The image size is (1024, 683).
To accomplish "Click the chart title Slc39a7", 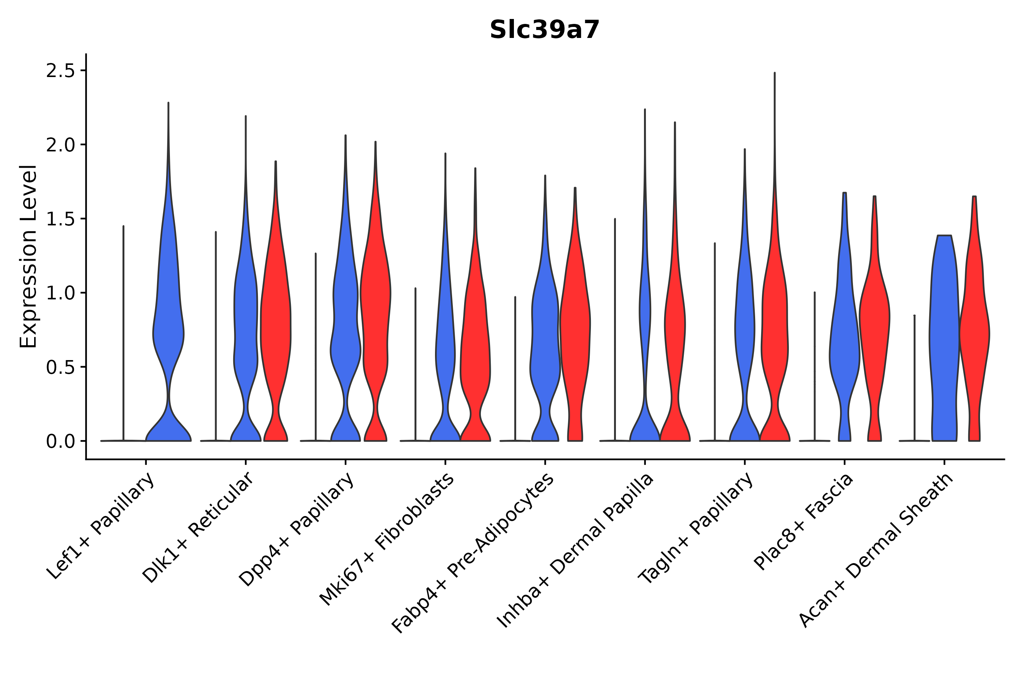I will (544, 30).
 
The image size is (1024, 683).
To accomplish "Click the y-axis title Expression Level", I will (28, 256).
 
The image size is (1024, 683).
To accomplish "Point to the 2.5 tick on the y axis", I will (61, 71).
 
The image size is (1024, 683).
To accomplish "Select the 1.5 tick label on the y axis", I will (61, 219).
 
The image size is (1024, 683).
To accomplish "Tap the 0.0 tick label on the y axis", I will (61, 442).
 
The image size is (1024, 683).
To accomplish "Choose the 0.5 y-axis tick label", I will (61, 368).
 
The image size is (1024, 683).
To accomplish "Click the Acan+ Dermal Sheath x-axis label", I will (876, 551).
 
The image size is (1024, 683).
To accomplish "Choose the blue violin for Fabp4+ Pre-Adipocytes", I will (545, 340).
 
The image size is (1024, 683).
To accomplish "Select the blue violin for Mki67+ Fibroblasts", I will (445, 348).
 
